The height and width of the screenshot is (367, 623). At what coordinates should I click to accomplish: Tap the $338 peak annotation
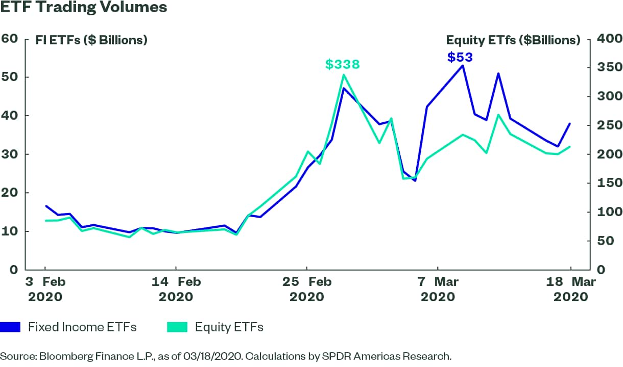pos(343,64)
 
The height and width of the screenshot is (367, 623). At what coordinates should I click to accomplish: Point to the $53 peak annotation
pos(460,57)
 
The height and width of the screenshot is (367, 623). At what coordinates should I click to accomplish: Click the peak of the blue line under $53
pos(463,65)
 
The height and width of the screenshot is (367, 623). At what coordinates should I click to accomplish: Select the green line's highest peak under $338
pos(343,75)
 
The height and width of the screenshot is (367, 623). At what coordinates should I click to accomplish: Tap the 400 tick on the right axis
pos(608,39)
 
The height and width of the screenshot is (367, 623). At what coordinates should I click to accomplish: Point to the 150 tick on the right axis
pos(608,183)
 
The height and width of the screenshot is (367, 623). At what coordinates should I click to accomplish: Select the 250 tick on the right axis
pos(608,125)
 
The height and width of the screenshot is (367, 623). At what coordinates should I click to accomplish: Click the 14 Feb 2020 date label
pos(176,289)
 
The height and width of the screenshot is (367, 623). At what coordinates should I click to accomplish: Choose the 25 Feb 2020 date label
pos(307,289)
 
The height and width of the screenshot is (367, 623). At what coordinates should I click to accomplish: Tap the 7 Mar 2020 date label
pos(438,289)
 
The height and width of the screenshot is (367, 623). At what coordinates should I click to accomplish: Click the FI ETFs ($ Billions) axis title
pos(91,40)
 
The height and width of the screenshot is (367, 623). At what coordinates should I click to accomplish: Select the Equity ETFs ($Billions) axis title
pos(513,40)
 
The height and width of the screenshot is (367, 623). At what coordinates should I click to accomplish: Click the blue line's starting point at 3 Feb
pos(45,206)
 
